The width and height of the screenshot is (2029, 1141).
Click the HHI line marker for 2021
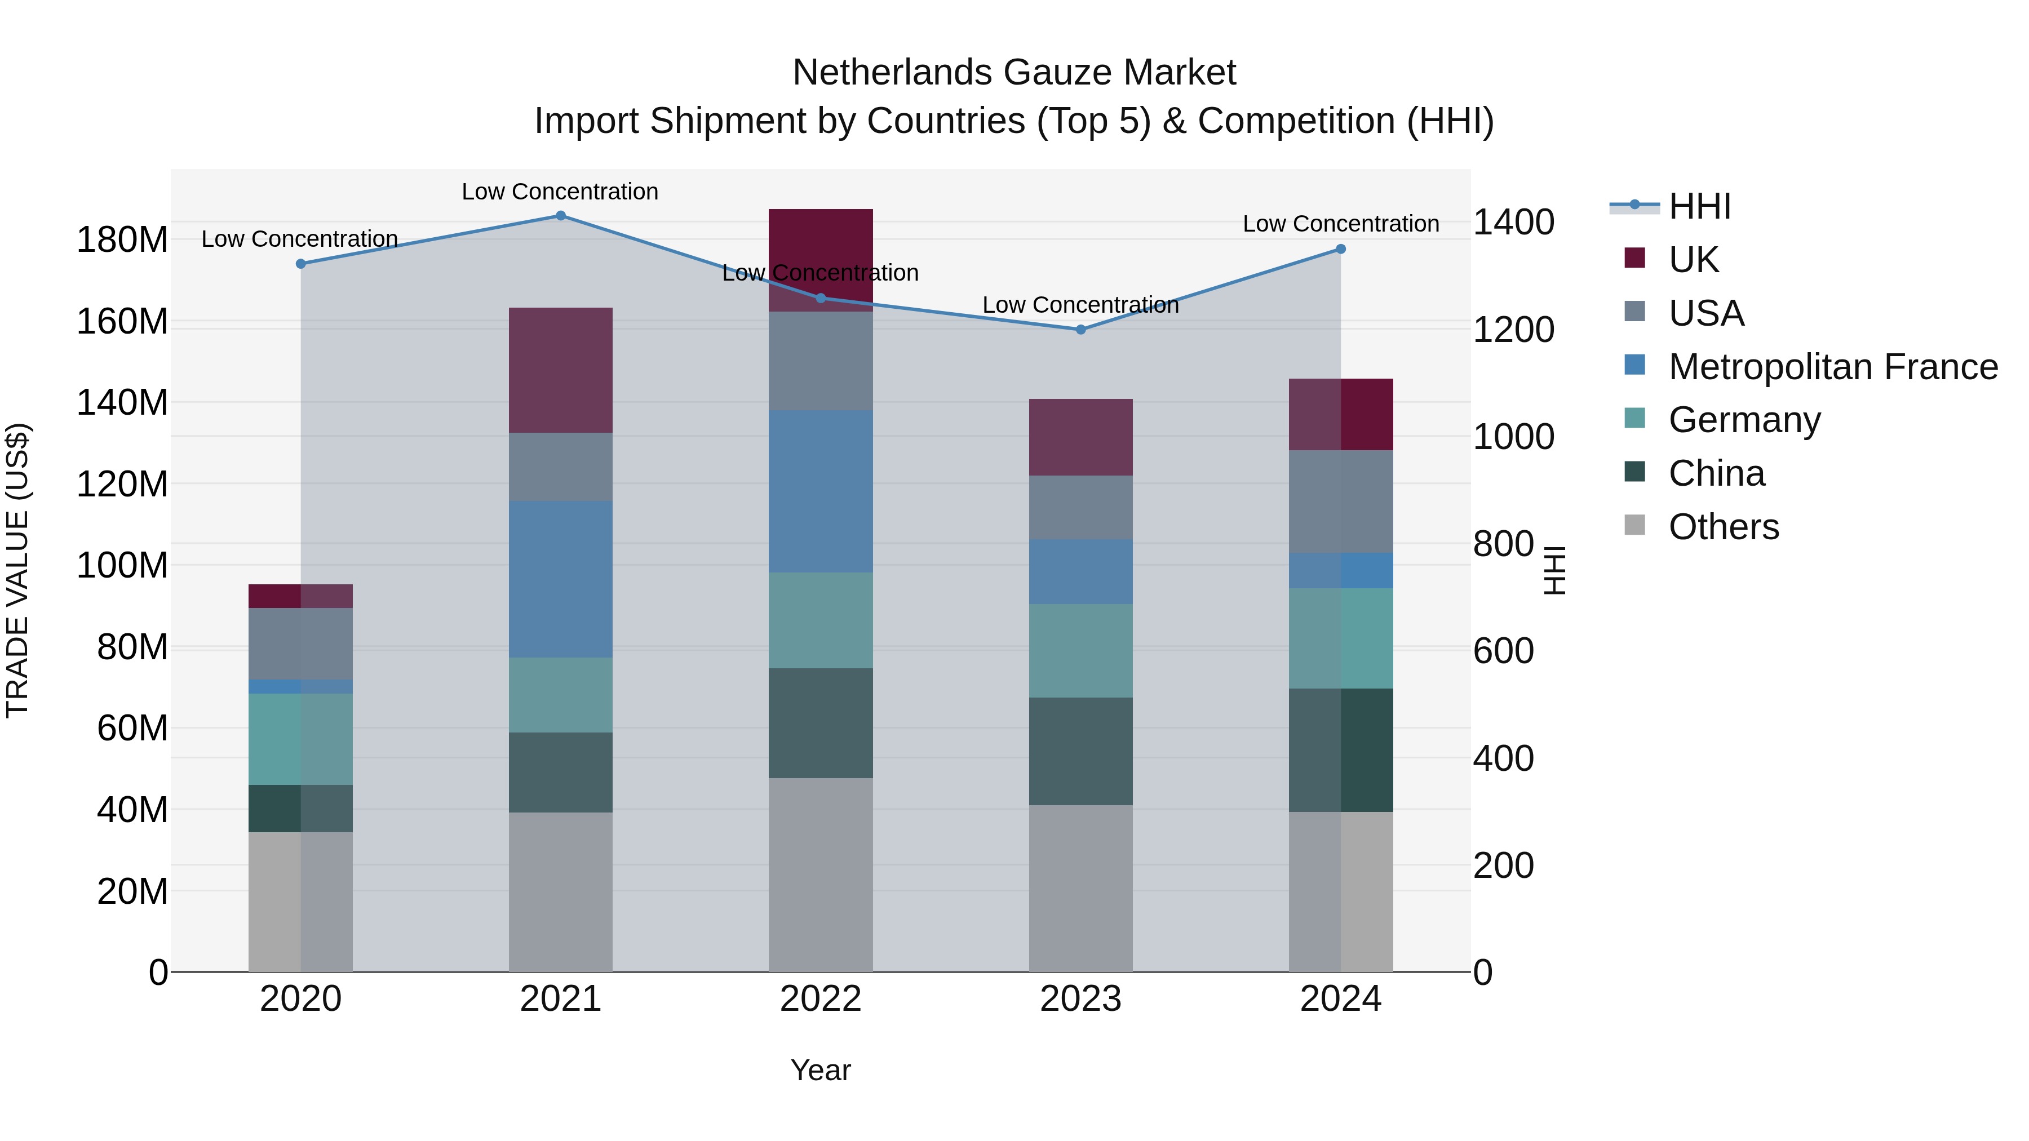pos(561,216)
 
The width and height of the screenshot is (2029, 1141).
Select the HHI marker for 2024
pos(1341,250)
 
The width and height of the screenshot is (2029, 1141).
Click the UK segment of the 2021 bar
pos(561,370)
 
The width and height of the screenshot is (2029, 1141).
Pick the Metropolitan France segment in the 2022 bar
pos(821,491)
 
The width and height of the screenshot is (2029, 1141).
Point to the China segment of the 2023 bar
pos(1080,751)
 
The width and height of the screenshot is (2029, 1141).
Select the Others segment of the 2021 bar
pos(561,891)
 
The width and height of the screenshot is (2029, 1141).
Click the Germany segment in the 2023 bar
pos(1080,650)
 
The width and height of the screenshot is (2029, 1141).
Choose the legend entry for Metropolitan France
pos(1833,367)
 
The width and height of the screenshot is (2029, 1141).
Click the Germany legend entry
pos(1744,420)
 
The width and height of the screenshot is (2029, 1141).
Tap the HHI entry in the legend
pos(1700,206)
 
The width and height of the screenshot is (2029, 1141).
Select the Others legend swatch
pos(1635,525)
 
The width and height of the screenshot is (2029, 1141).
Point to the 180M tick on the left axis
pos(122,239)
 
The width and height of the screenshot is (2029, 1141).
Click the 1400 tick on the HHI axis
pos(1513,222)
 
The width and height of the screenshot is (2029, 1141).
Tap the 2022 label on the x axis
pos(821,999)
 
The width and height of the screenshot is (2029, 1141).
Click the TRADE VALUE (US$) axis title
pos(17,570)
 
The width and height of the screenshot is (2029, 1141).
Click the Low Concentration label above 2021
pos(560,192)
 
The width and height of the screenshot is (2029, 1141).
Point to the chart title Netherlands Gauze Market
pos(1014,73)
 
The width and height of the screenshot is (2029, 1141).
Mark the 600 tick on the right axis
pos(1503,651)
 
